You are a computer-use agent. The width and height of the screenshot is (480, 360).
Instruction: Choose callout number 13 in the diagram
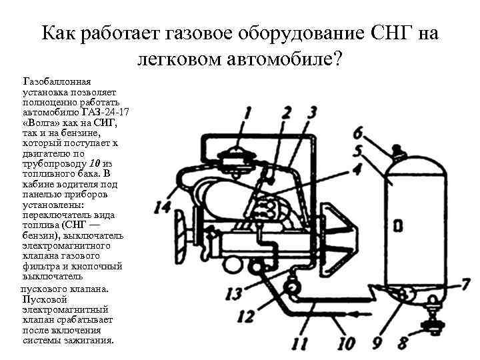[233, 293]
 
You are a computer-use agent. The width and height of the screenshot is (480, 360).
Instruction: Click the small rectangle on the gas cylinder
[398, 227]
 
